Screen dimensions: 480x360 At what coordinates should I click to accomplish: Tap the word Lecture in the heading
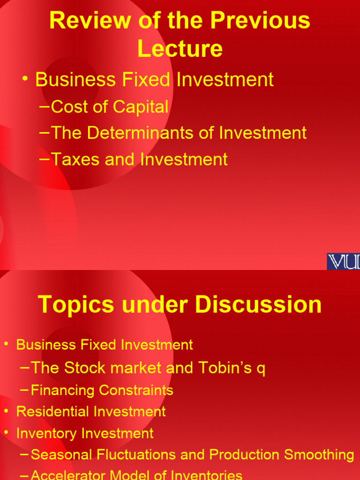[180, 49]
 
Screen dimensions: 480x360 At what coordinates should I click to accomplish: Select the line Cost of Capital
[109, 107]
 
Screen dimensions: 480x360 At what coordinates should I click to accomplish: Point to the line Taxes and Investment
[139, 159]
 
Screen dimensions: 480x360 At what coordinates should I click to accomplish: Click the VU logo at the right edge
[343, 262]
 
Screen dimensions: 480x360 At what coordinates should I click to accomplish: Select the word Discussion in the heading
[258, 305]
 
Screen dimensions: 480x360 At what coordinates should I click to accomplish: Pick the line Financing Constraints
[102, 390]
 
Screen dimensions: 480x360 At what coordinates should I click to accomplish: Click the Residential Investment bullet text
[91, 412]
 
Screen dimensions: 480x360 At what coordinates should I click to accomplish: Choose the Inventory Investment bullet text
[85, 433]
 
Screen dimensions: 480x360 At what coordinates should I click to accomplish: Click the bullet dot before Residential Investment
[6, 411]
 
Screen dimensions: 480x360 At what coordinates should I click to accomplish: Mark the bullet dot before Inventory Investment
[6, 433]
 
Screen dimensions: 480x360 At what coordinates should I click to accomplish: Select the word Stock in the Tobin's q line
[81, 368]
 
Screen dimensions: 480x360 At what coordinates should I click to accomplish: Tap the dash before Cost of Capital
[45, 107]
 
